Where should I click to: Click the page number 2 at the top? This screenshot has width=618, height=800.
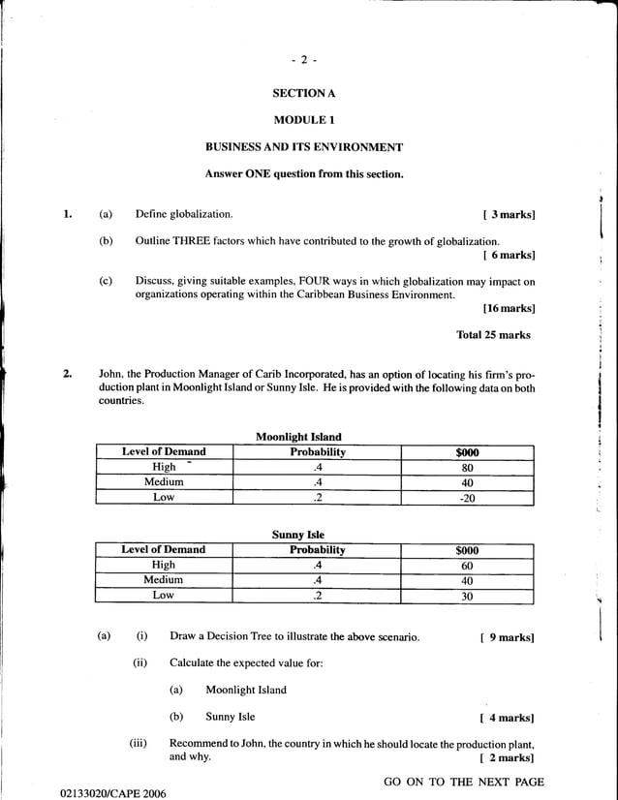(303, 60)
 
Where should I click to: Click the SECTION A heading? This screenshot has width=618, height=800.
(303, 94)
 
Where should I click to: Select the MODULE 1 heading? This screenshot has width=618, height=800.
(303, 120)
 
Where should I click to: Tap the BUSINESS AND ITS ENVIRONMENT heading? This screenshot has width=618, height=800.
(303, 147)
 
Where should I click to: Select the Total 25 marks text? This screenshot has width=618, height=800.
(493, 335)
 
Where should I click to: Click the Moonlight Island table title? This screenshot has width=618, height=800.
(298, 437)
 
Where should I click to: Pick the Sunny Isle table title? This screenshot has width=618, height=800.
(298, 535)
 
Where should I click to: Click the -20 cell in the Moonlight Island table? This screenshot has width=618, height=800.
(467, 498)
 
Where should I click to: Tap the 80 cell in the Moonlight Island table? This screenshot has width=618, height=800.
(467, 467)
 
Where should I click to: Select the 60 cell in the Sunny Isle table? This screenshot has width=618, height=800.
(467, 565)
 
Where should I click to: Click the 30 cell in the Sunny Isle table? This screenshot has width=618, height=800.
(467, 596)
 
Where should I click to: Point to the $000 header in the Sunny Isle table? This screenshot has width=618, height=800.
(467, 550)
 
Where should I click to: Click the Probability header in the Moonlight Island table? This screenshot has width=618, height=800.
(318, 451)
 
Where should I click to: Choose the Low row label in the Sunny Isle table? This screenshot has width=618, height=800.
(164, 595)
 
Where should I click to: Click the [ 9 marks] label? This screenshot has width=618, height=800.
(507, 637)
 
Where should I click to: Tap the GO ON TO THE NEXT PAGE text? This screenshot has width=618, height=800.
(464, 782)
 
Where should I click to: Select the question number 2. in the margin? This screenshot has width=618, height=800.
(69, 374)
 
